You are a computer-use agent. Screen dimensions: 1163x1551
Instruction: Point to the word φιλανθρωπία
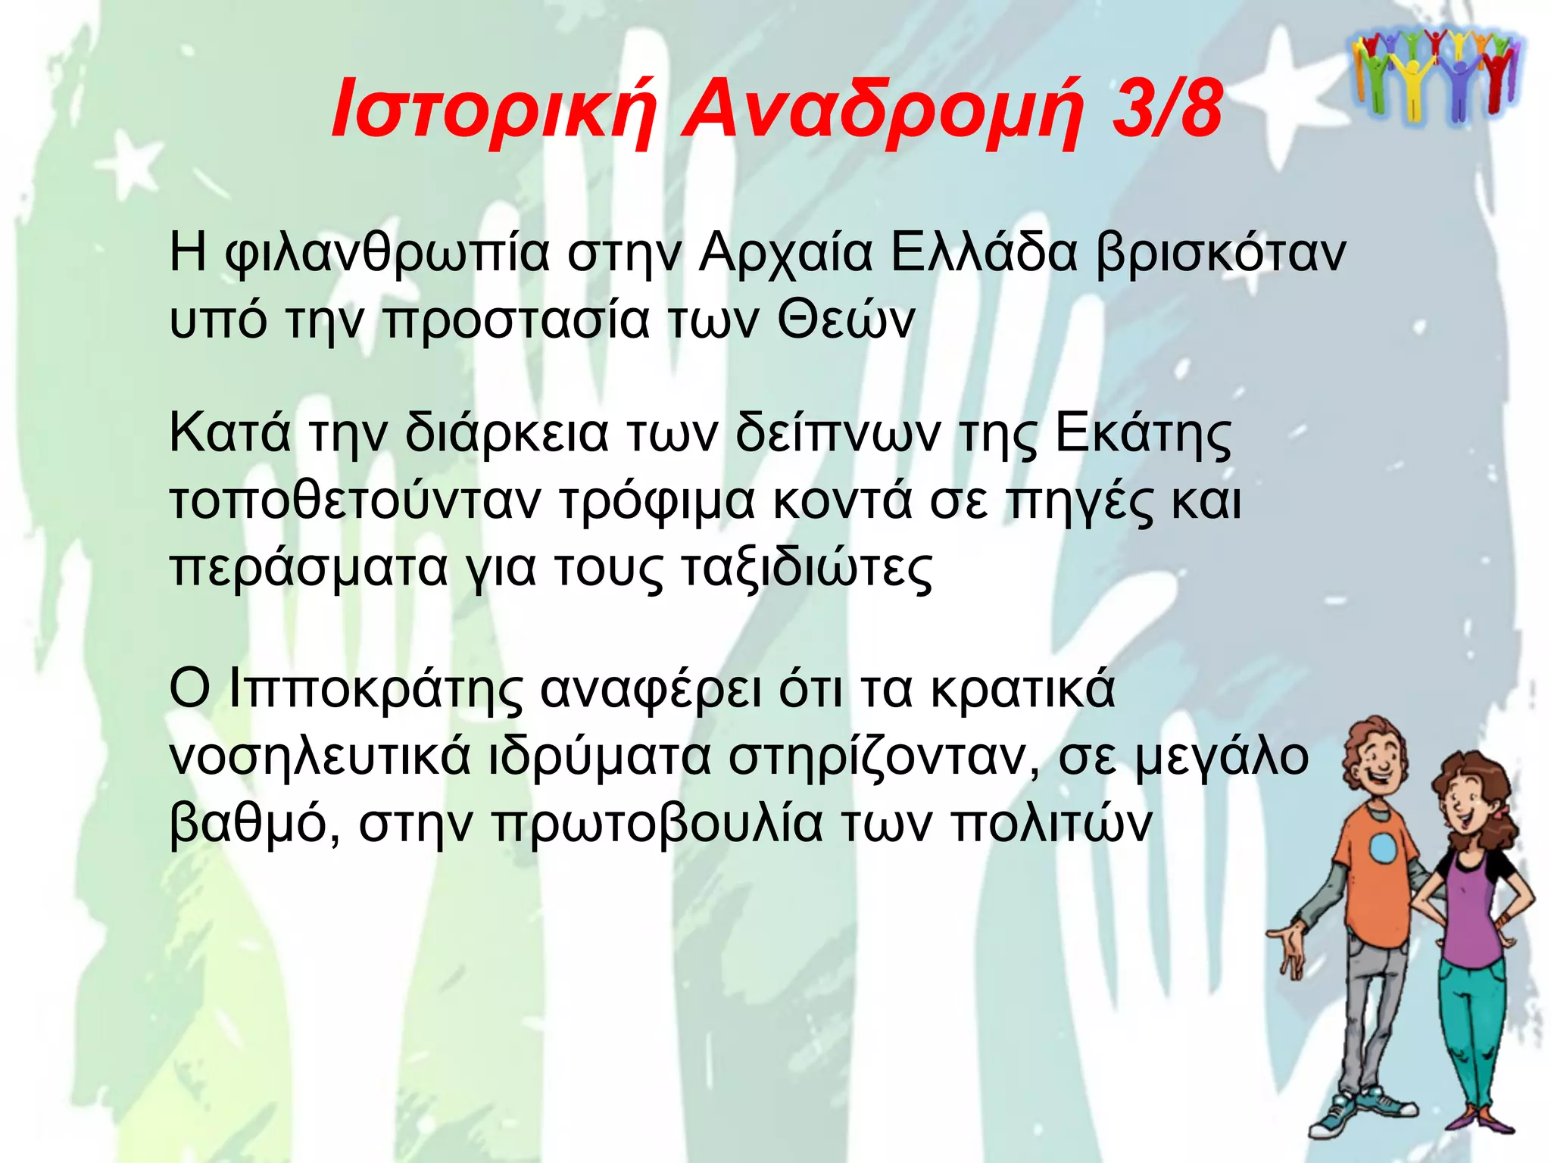click(387, 254)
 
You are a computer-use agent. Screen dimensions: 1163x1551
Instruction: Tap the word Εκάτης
click(1144, 435)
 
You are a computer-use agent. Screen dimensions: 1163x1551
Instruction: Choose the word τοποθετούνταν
click(355, 501)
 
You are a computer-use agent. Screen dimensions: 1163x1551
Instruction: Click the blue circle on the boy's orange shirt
click(1383, 848)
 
